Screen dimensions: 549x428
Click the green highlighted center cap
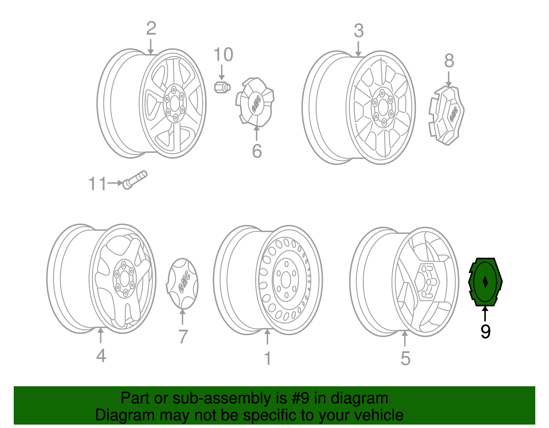(485, 282)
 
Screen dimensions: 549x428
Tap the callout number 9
(485, 332)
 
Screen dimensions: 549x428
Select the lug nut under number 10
(222, 87)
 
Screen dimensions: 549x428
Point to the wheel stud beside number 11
(135, 180)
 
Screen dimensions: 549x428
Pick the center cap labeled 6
(255, 102)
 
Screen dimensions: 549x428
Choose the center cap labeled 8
(446, 115)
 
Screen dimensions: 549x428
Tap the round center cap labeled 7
(182, 283)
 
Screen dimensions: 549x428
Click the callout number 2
(151, 28)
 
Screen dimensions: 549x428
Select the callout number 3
(359, 31)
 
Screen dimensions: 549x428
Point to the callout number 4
(101, 356)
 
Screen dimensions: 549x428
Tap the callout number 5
(405, 358)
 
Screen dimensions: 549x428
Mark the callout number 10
(223, 54)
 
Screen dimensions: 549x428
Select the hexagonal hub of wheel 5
(427, 282)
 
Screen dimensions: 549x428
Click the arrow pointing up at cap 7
(182, 317)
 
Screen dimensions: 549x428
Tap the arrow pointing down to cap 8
(448, 79)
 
